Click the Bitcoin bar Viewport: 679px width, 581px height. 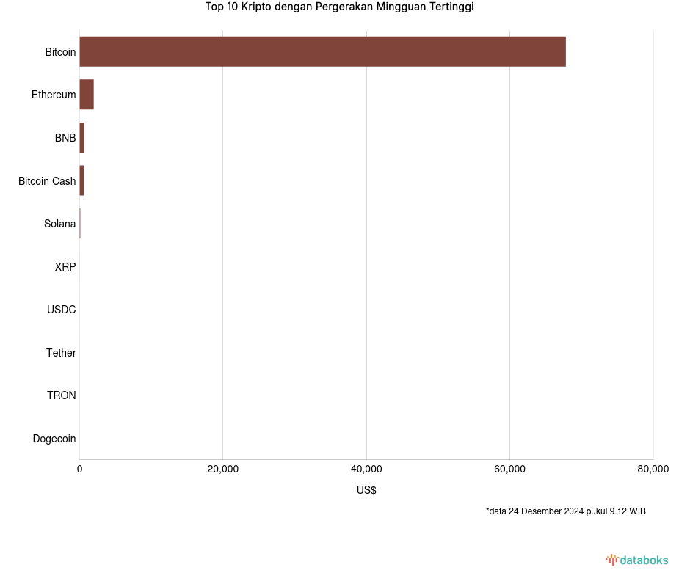[322, 51]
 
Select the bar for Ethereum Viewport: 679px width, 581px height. [87, 95]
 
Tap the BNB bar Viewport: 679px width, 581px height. [82, 138]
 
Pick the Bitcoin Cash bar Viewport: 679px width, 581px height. [81, 180]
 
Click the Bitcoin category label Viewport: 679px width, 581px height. [60, 52]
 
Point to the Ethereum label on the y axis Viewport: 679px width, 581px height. [54, 95]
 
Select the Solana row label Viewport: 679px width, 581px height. [59, 224]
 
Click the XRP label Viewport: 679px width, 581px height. [65, 267]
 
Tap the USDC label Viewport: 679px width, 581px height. [62, 310]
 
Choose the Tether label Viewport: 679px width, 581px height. [61, 353]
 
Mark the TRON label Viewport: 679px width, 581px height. [62, 395]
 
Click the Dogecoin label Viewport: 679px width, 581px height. [54, 439]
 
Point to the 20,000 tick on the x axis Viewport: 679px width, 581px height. [223, 469]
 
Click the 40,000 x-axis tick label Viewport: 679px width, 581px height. [366, 469]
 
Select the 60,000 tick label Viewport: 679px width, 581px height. [509, 469]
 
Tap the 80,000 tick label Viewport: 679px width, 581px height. [653, 469]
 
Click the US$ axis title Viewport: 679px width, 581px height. [366, 490]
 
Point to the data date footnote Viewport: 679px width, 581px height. [565, 511]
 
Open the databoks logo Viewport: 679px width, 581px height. [637, 560]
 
